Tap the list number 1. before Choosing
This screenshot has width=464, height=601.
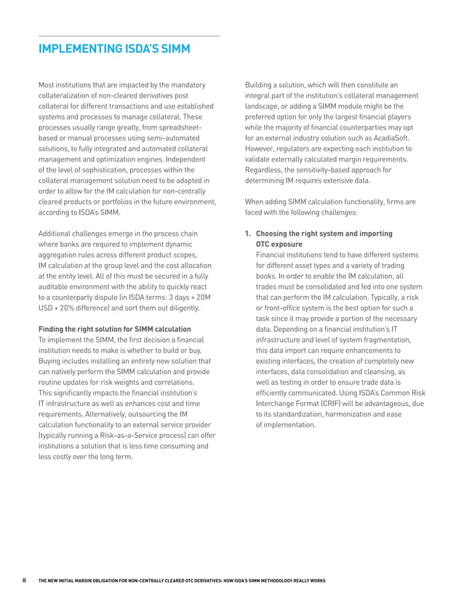pyautogui.click(x=249, y=234)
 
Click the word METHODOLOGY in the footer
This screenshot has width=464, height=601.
pyautogui.click(x=282, y=581)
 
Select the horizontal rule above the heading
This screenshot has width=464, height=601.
pyautogui.click(x=129, y=36)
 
